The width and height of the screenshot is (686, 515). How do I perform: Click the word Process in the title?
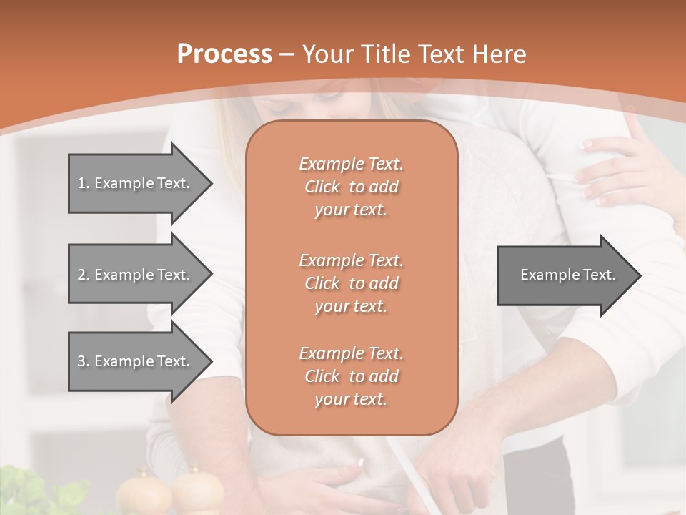point(224,54)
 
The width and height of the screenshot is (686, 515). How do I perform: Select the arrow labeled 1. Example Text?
point(136,183)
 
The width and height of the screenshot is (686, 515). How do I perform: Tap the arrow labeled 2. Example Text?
point(136,275)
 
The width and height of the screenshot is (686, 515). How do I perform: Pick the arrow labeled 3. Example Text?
point(136,361)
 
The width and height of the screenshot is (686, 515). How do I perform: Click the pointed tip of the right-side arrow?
point(639,275)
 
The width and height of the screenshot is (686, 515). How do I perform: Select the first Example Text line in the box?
point(351,164)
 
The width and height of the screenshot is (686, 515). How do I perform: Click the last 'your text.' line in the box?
point(351,400)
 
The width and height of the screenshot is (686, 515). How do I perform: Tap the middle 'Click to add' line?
point(351,283)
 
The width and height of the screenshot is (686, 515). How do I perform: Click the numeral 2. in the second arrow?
point(84,275)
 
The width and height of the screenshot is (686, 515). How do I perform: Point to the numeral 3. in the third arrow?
point(84,361)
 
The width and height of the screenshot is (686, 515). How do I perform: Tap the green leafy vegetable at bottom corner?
point(43,494)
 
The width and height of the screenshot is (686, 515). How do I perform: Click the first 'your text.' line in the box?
point(351,210)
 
